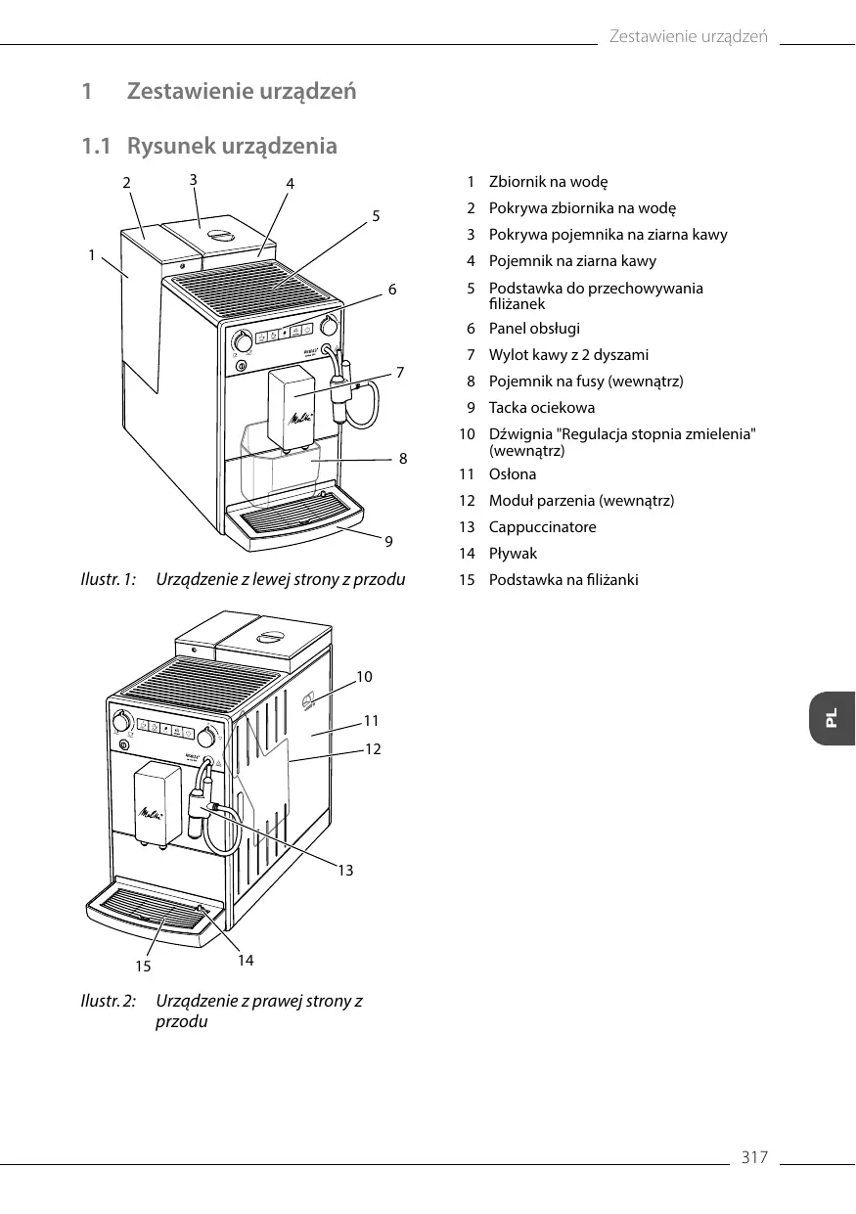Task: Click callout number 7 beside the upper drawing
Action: (x=399, y=373)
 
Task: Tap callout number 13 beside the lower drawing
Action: (x=345, y=870)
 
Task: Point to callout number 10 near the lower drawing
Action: (x=364, y=676)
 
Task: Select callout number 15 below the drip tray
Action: (x=144, y=966)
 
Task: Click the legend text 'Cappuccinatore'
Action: (x=542, y=527)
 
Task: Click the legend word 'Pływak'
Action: (x=513, y=554)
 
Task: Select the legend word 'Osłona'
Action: (x=513, y=474)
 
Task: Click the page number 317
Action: (x=754, y=1158)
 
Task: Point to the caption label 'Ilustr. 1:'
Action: (x=107, y=580)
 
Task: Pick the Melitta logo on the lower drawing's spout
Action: (x=151, y=812)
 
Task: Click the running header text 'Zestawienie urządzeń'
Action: (x=688, y=37)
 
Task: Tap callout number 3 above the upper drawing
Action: (x=194, y=179)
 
